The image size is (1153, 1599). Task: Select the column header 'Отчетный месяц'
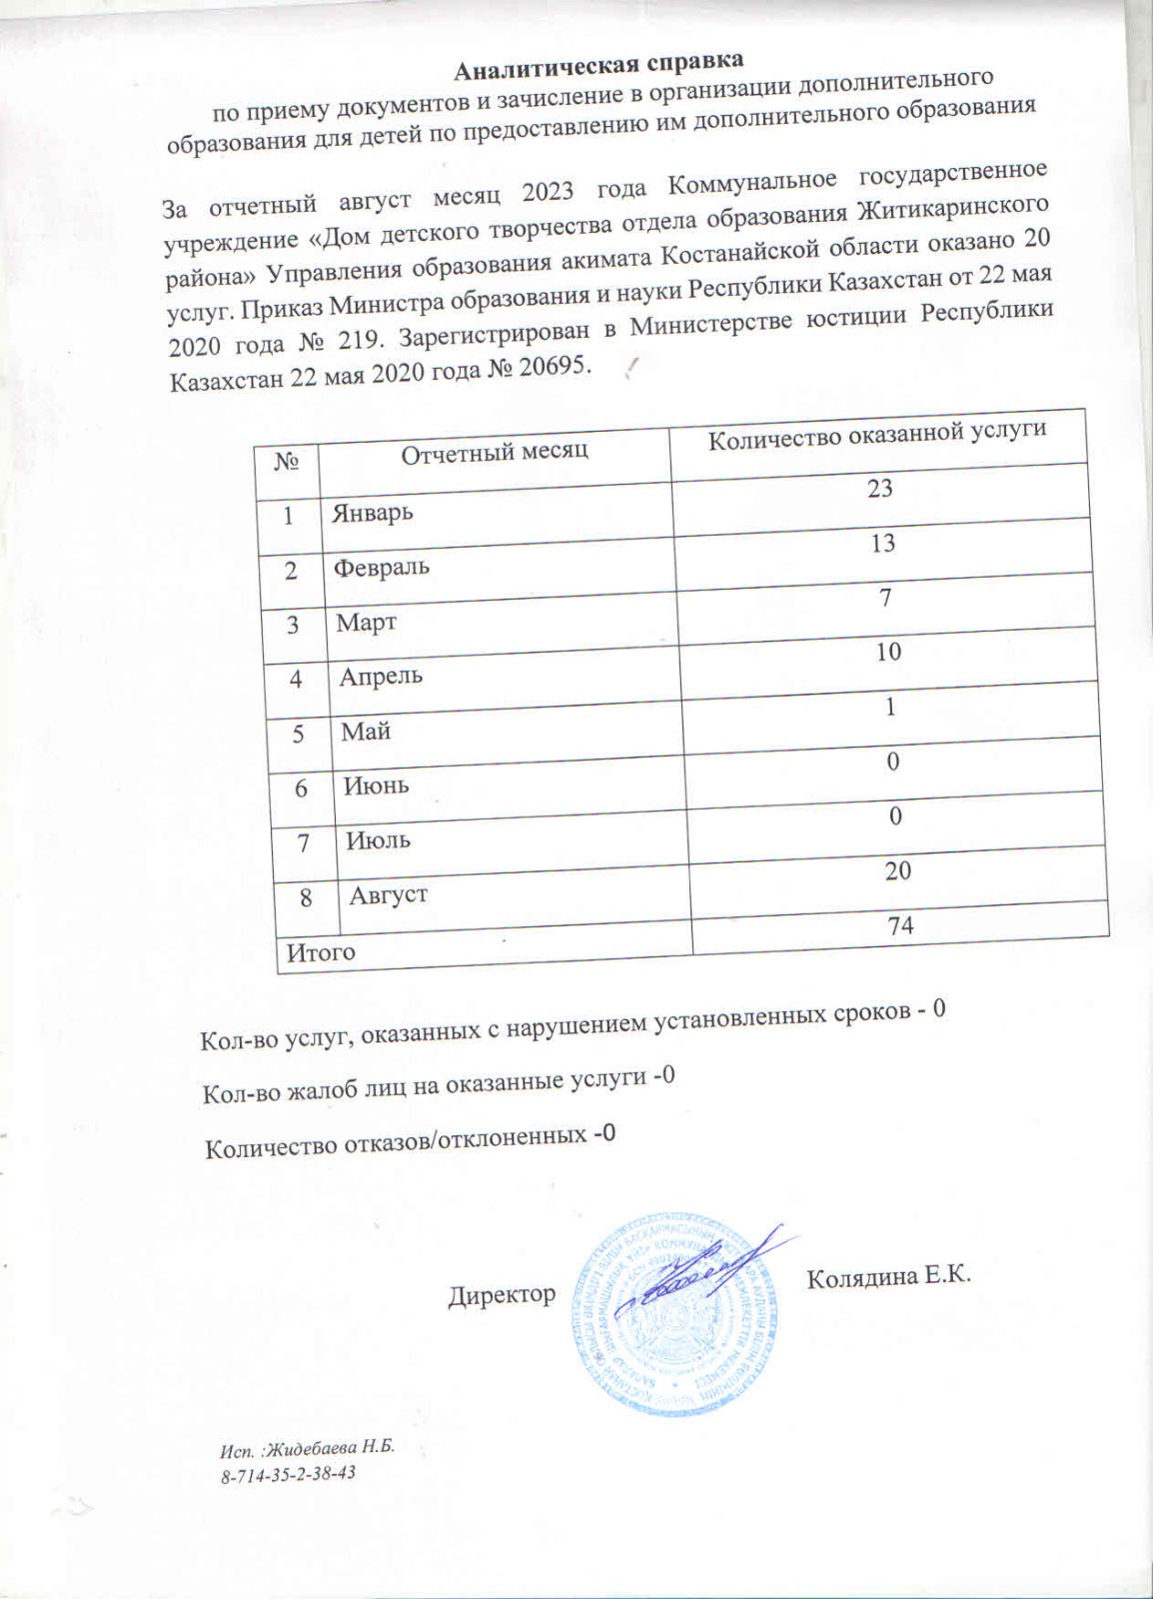495,451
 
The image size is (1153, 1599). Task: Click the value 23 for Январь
880,489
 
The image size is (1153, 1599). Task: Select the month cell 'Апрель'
381,676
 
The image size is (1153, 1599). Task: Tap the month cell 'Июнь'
377,785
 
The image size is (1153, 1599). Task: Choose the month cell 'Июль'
379,839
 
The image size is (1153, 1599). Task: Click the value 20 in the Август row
897,870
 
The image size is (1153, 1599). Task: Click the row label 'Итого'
322,952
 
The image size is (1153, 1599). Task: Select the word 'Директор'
502,1295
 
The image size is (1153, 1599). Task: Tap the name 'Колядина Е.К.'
888,1278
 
